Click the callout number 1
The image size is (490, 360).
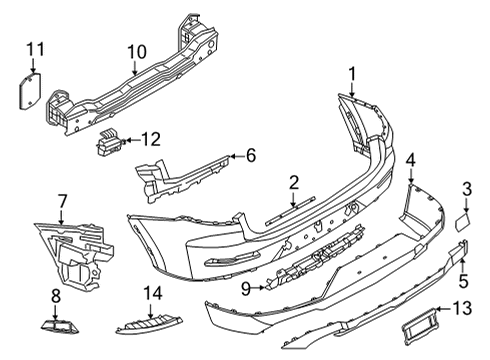tap(352, 72)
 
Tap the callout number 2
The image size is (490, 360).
tap(294, 181)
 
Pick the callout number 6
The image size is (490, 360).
tap(251, 155)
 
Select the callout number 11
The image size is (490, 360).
tap(35, 48)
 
